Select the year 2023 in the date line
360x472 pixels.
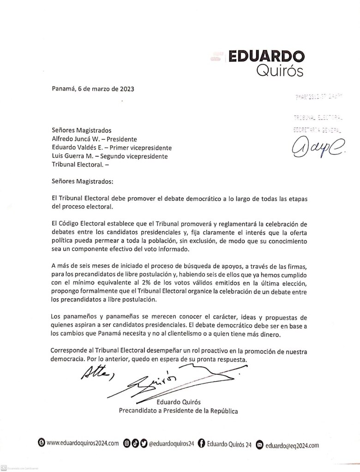[x=126, y=89]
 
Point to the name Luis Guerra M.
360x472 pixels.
[x=72, y=156]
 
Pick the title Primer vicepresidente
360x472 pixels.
[x=139, y=148]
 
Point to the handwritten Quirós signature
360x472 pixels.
[x=152, y=381]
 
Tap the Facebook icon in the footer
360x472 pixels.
[x=201, y=444]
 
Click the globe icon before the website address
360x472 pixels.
[x=41, y=444]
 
